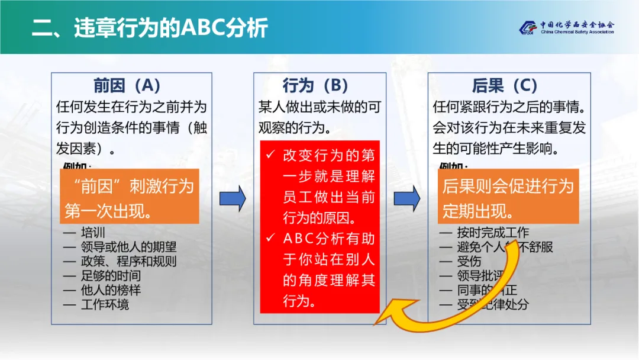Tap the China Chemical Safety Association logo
point(567,28)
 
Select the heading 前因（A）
point(127,86)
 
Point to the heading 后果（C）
point(505,86)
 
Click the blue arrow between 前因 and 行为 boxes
point(233,198)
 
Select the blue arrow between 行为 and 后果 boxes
point(407,198)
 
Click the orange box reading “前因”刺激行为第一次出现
point(130,197)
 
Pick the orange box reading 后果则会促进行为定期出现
point(508,197)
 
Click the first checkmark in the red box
point(270,155)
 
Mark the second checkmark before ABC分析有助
point(270,238)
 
